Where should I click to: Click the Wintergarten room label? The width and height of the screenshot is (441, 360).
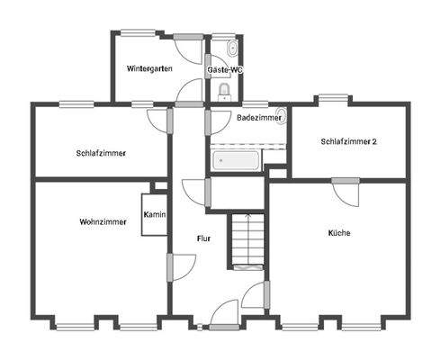click(x=149, y=68)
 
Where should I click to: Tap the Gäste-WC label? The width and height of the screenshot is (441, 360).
click(x=224, y=68)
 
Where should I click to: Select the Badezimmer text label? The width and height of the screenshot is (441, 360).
click(x=256, y=117)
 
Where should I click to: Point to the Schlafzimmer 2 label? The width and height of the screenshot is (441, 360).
click(x=348, y=141)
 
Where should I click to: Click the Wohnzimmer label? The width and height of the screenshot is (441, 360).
click(x=102, y=221)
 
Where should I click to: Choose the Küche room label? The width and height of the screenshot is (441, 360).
click(x=339, y=232)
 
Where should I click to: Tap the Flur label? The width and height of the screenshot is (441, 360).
click(x=203, y=238)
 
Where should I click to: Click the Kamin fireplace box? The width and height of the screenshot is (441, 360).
click(x=153, y=216)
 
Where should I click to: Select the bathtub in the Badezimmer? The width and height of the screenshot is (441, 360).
click(x=237, y=160)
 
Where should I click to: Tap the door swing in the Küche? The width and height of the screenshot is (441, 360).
click(x=346, y=192)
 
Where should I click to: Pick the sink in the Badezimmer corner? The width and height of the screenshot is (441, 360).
click(x=280, y=116)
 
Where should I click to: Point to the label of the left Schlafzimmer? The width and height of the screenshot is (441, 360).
click(x=102, y=153)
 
